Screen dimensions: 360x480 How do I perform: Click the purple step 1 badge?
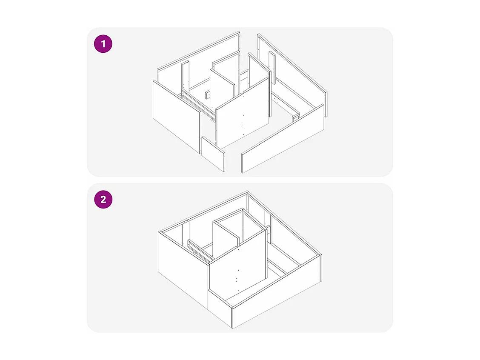[103, 44]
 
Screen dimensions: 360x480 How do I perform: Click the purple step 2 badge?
[103, 199]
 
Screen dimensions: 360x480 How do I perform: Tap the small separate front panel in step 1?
[212, 154]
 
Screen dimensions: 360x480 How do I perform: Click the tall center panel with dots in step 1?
[243, 120]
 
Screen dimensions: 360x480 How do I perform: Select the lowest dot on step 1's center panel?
[241, 135]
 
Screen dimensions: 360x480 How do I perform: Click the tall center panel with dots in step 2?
[238, 268]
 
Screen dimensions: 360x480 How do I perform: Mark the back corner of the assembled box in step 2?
[247, 192]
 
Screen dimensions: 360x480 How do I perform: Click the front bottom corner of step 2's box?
[232, 328]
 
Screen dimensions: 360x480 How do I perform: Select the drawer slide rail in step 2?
[199, 251]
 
